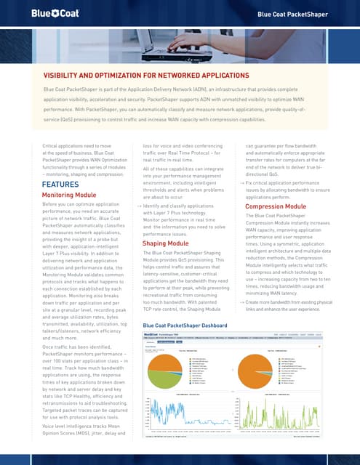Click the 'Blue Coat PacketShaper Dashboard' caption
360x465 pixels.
pyautogui.click(x=191, y=346)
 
